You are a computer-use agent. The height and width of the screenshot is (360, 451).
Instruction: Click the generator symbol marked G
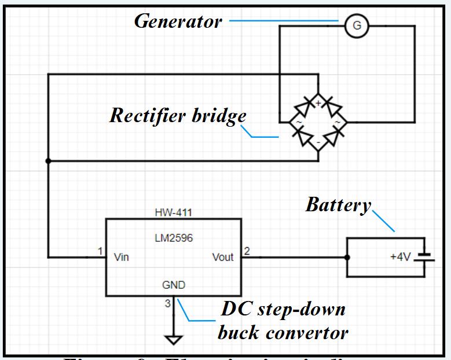357,25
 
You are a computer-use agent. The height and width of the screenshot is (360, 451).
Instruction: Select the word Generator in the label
178,22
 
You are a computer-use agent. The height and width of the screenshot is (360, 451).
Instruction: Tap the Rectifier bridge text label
178,116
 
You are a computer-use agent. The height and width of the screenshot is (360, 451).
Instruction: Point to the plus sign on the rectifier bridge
318,103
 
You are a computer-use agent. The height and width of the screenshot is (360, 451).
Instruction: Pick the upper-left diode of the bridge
303,108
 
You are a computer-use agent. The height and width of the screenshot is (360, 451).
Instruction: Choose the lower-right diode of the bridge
333,137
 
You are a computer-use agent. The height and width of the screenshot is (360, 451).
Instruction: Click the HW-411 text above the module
173,212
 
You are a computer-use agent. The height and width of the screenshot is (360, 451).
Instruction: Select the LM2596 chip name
173,238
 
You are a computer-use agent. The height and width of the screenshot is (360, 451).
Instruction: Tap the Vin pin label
121,257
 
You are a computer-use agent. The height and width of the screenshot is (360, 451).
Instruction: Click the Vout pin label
223,257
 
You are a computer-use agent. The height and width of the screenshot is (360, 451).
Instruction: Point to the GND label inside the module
173,285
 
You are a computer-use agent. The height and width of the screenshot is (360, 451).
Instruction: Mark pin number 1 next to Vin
100,251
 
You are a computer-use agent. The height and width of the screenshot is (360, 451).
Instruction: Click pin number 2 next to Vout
247,251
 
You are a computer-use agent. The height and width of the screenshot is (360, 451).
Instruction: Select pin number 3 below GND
168,303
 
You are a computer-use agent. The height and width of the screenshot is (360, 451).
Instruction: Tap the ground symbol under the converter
173,339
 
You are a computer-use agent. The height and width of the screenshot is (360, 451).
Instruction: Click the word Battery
338,205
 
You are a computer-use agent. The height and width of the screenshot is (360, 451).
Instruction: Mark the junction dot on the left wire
48,161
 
